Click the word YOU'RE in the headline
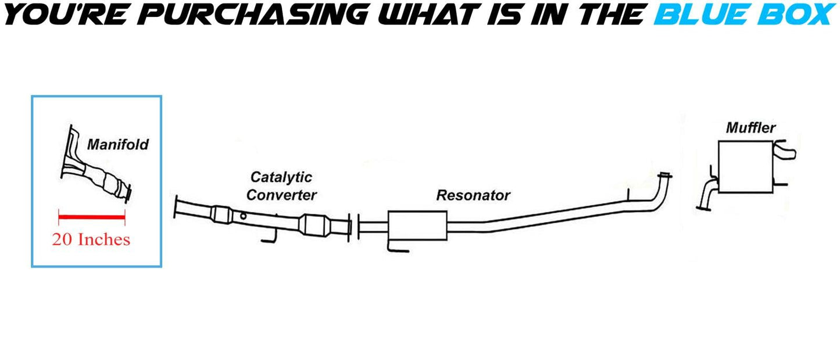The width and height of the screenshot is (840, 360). click(63, 13)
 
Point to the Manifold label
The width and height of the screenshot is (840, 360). click(117, 144)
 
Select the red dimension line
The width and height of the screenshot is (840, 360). click(92, 218)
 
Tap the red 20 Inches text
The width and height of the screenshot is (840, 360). click(91, 239)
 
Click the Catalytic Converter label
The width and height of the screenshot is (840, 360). click(281, 186)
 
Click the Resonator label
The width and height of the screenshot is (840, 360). click(473, 195)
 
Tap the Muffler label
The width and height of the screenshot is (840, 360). click(750, 127)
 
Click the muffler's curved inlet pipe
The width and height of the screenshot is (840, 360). click(707, 194)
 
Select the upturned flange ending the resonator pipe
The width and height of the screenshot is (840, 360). click(664, 176)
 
